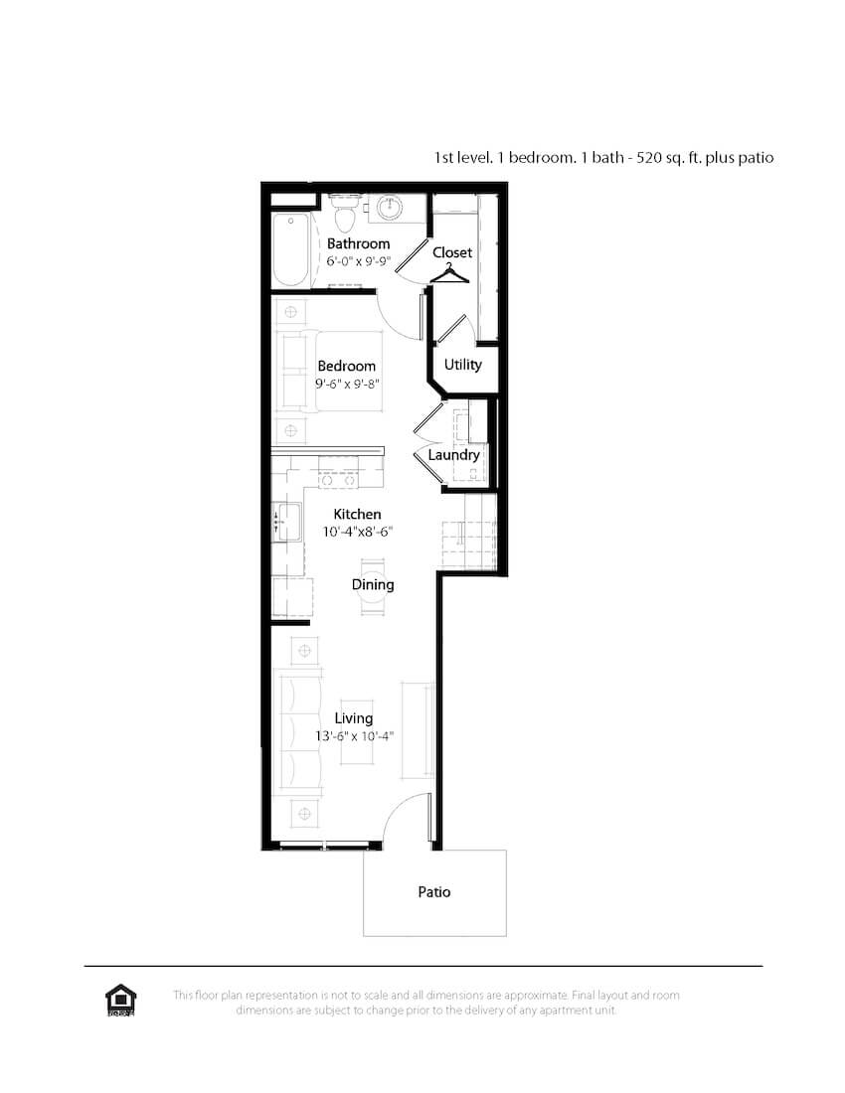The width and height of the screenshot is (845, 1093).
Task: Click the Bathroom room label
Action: pyautogui.click(x=358, y=243)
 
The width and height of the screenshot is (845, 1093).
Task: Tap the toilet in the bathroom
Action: pyautogui.click(x=344, y=212)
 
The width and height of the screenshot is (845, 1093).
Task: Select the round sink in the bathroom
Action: pyautogui.click(x=390, y=208)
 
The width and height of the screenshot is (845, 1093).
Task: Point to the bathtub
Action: pyautogui.click(x=291, y=249)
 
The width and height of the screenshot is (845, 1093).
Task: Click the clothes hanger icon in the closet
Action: pyautogui.click(x=449, y=274)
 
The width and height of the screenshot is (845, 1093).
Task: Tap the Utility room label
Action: pyautogui.click(x=463, y=365)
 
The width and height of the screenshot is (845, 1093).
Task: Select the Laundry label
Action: pyautogui.click(x=454, y=455)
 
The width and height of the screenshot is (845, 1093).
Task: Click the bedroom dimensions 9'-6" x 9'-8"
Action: pyautogui.click(x=347, y=384)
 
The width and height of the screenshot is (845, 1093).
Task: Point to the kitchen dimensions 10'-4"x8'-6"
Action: pyautogui.click(x=358, y=532)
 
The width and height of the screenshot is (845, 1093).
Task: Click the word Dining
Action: pyautogui.click(x=373, y=585)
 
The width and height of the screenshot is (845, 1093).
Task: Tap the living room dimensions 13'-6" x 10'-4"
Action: pyautogui.click(x=355, y=736)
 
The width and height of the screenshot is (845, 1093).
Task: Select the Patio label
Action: pyautogui.click(x=434, y=892)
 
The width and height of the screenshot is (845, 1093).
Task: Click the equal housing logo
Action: pyautogui.click(x=120, y=1001)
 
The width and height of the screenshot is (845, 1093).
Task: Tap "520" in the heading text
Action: pyautogui.click(x=649, y=158)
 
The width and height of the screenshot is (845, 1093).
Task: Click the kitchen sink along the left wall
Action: pyautogui.click(x=286, y=521)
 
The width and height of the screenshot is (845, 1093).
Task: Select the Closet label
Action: pyautogui.click(x=452, y=252)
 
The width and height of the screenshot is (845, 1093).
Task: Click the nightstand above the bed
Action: pyautogui.click(x=290, y=312)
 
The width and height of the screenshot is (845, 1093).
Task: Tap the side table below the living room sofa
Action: pyautogui.click(x=304, y=814)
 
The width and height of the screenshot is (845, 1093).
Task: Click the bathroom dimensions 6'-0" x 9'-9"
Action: pyautogui.click(x=358, y=261)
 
